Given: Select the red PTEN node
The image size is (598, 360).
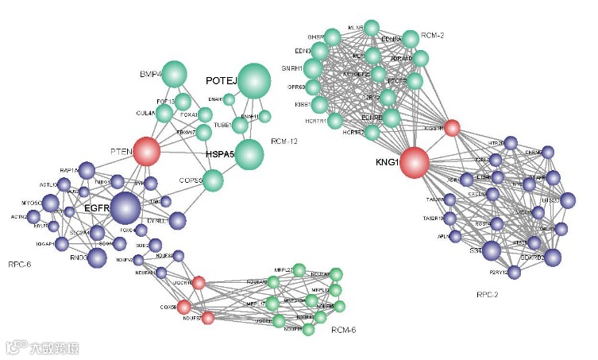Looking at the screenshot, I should (146, 151).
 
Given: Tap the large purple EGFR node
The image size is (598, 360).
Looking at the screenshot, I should (125, 208).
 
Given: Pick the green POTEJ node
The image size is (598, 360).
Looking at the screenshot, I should (254, 79).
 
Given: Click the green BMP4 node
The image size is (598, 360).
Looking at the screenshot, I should (174, 75).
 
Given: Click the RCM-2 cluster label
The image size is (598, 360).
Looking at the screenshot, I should (433, 35).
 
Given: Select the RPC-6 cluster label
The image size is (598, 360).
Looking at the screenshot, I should (20, 264).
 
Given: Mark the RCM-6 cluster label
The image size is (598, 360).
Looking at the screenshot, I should (343, 329).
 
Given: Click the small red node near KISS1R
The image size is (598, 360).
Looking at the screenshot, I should (452, 127).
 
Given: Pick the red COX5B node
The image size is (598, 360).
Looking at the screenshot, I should (184, 307).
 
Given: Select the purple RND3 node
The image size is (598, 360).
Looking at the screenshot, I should (97, 257).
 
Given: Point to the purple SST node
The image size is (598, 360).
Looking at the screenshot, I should (492, 251).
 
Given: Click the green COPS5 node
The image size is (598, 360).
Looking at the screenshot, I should (214, 180).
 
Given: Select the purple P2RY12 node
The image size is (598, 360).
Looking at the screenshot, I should (515, 273).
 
